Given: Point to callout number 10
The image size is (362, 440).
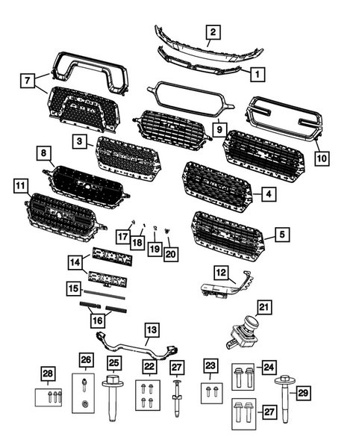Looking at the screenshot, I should point(322,159).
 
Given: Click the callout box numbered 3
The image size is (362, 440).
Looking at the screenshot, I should point(78,141).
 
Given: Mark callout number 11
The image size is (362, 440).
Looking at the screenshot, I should point(19,183).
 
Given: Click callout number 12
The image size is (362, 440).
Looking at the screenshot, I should point(221,271).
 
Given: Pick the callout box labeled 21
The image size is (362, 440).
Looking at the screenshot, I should point(263,307).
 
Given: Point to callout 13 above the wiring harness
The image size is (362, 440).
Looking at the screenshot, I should point(151,329).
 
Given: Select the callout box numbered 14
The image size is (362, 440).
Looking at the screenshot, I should point(76,262).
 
